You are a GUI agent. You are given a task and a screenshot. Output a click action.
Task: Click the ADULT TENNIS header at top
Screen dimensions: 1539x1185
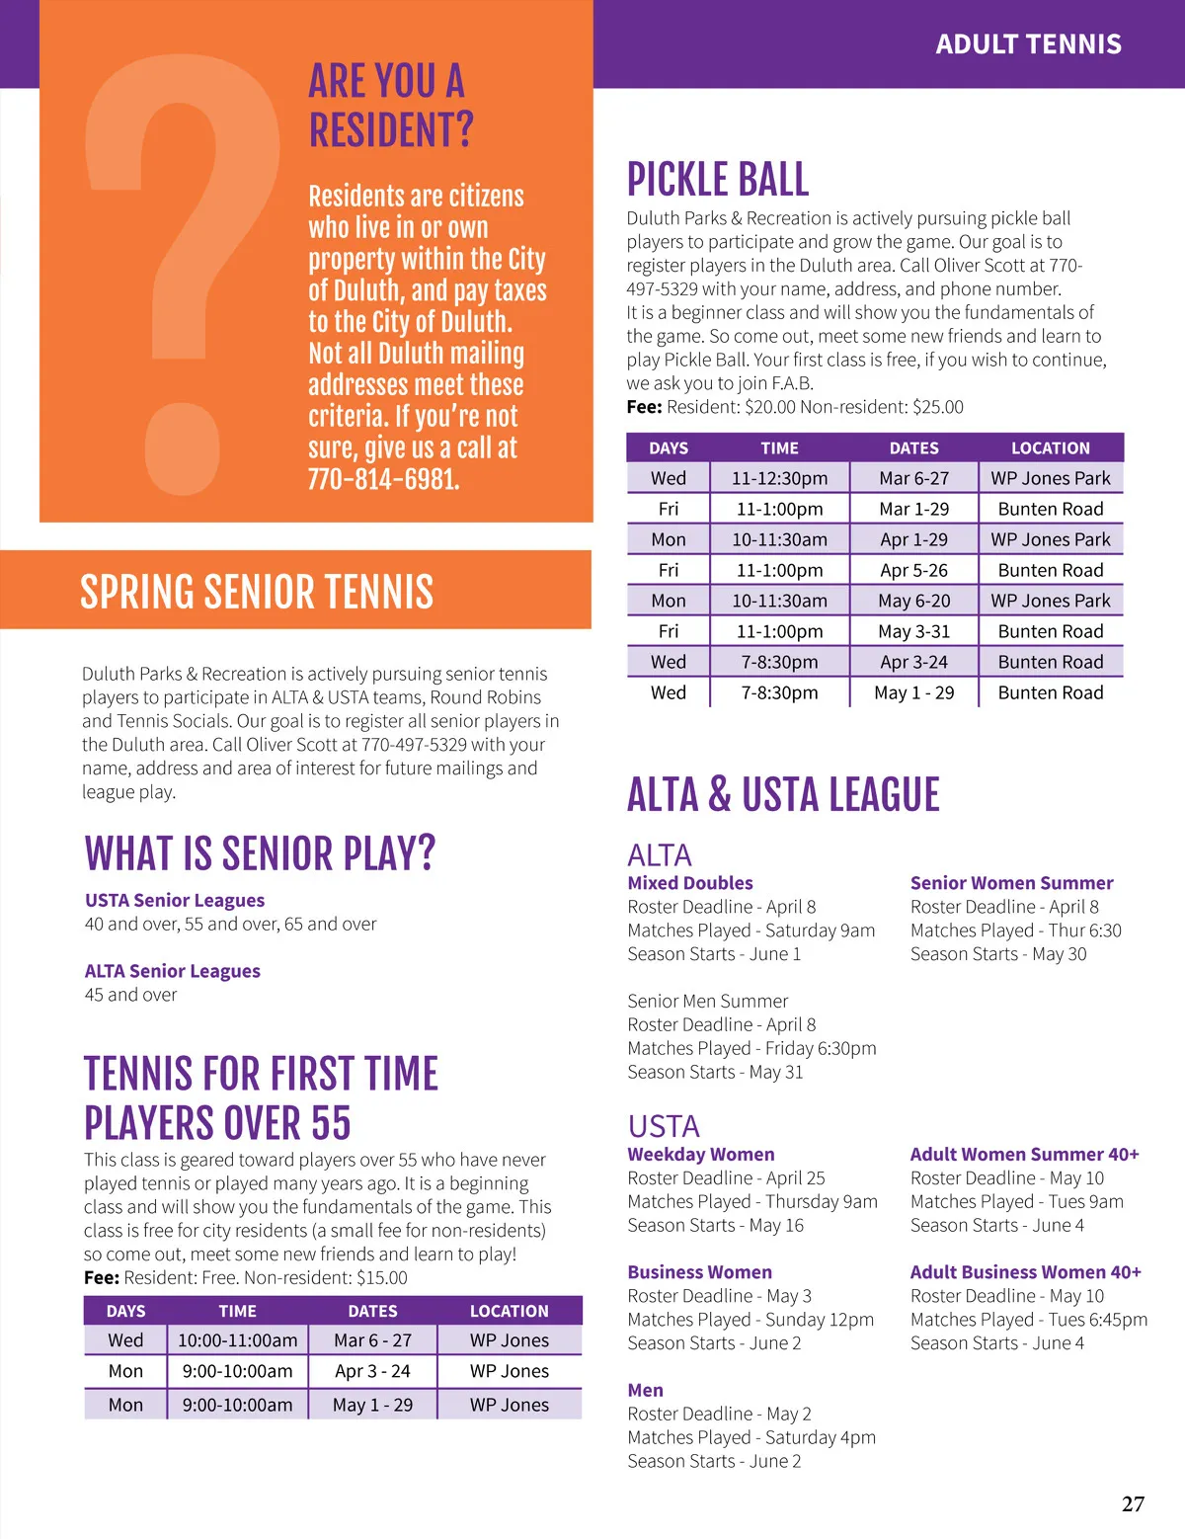point(1028,44)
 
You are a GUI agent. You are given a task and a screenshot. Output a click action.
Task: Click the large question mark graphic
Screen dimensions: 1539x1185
point(183,277)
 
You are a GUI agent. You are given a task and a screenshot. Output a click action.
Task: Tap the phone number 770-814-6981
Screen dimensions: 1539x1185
point(383,480)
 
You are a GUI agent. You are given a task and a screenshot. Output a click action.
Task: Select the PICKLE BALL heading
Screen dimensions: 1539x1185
point(718,180)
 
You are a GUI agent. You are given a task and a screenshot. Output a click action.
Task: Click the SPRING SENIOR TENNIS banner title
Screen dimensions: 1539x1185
point(257,592)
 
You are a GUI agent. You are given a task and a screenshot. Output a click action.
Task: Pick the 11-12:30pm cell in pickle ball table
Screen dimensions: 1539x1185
point(779,478)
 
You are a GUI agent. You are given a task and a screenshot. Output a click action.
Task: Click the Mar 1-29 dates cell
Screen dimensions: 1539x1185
point(913,509)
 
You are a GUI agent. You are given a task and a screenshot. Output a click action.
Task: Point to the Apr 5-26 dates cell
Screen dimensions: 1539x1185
point(913,570)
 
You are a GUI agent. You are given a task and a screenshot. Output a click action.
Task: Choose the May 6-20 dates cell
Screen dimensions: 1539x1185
point(913,601)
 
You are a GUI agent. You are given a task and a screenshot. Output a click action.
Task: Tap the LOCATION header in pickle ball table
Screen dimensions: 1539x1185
point(1050,447)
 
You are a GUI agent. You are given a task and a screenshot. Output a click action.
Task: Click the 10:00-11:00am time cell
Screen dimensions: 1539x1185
point(237,1340)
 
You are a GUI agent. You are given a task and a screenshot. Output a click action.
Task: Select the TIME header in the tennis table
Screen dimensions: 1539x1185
point(237,1311)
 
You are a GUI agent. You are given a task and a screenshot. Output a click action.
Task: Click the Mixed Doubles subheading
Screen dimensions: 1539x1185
point(690,883)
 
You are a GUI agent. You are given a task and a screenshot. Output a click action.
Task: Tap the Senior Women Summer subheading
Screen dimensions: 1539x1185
point(1011,883)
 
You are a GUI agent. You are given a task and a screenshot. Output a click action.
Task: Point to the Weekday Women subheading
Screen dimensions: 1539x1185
point(701,1154)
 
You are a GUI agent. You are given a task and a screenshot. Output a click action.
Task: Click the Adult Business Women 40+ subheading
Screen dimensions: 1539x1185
point(1025,1272)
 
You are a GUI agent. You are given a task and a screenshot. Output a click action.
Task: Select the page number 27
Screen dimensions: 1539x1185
point(1133,1503)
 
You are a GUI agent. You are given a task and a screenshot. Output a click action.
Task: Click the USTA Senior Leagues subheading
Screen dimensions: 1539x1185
point(175,900)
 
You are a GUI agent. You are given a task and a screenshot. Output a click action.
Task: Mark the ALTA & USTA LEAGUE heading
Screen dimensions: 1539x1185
point(783,795)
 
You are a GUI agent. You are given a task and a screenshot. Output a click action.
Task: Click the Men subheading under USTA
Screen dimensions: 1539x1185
point(646,1390)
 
